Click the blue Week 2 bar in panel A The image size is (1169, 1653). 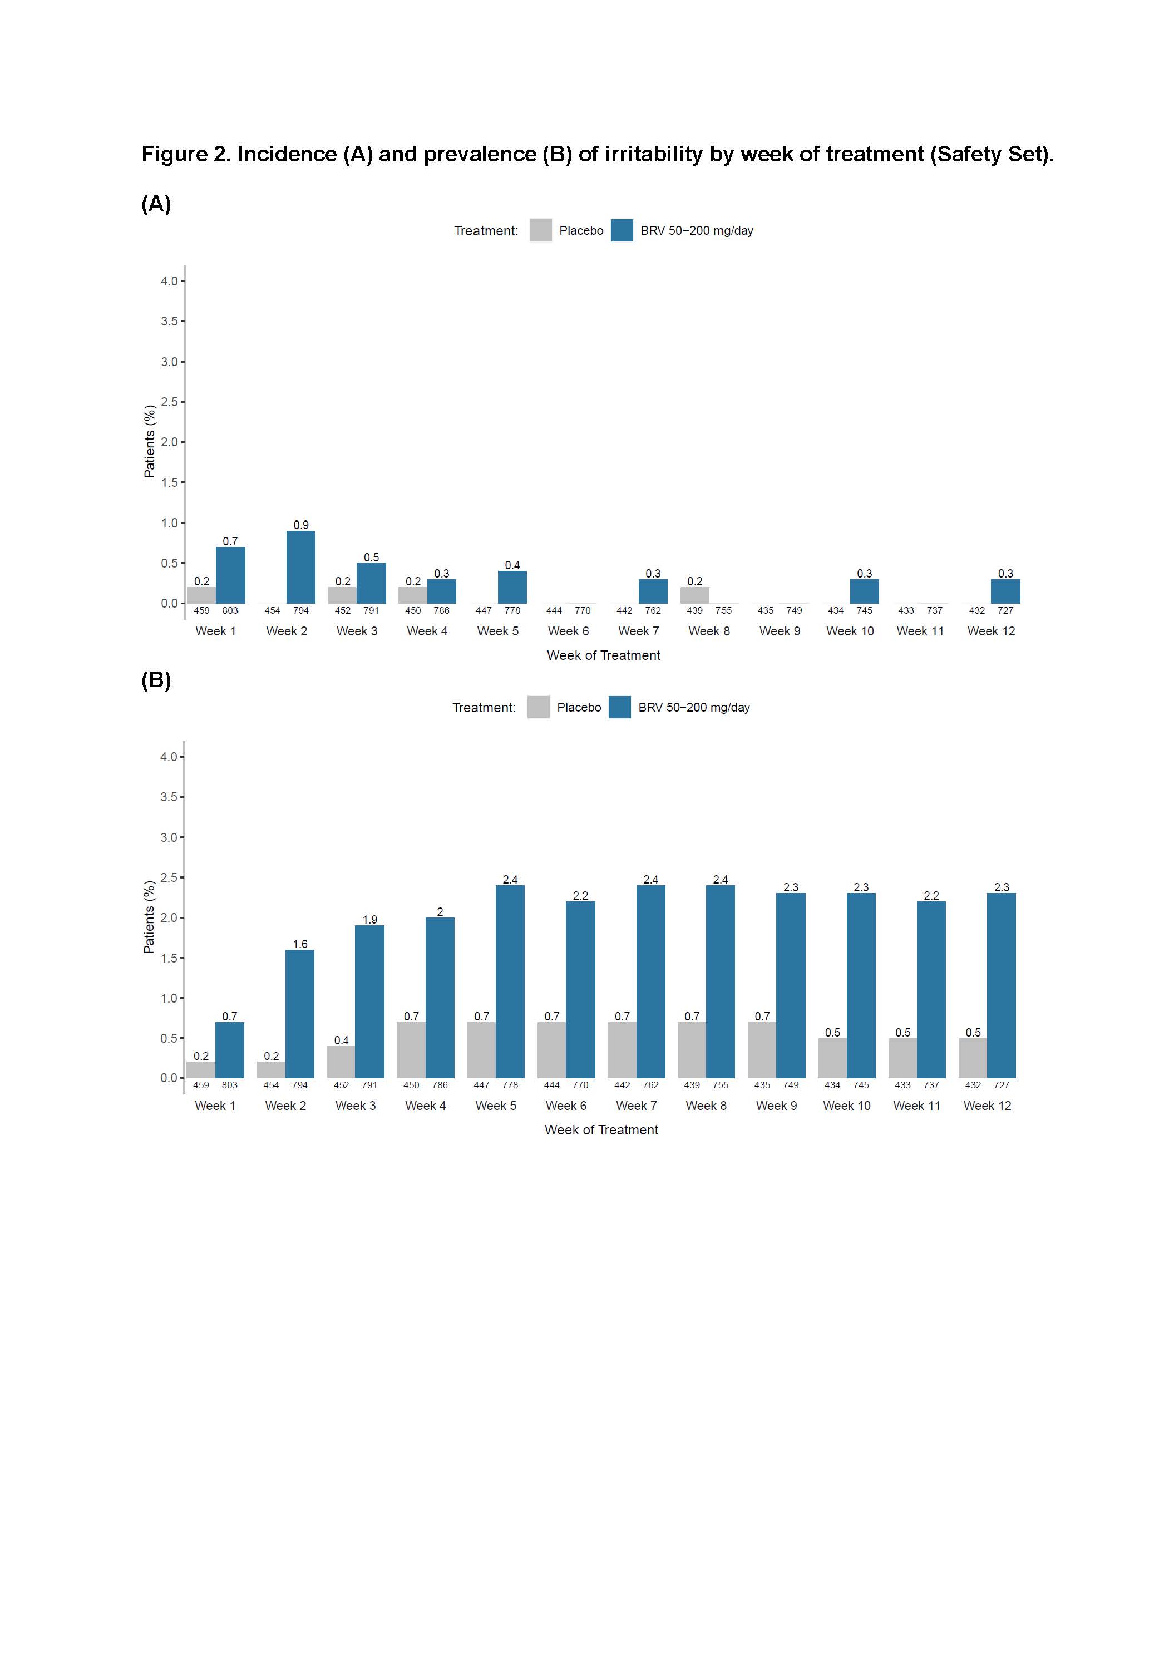(301, 568)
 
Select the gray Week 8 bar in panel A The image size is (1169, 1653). (694, 595)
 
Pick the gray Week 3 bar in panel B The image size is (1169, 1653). (341, 1062)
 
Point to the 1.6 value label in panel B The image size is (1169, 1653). (300, 944)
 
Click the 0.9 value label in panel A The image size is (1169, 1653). (301, 525)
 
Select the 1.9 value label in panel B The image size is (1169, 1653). (370, 919)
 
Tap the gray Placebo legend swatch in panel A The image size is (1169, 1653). (541, 230)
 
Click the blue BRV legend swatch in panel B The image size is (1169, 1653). (620, 707)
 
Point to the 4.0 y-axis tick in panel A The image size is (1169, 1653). (169, 281)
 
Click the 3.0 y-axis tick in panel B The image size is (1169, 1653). (169, 837)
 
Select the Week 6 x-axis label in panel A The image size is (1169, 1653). (568, 631)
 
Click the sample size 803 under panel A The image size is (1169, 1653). (230, 610)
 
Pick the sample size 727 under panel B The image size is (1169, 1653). (1002, 1085)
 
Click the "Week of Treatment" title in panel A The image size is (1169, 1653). (603, 655)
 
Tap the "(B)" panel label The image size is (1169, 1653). (156, 680)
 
